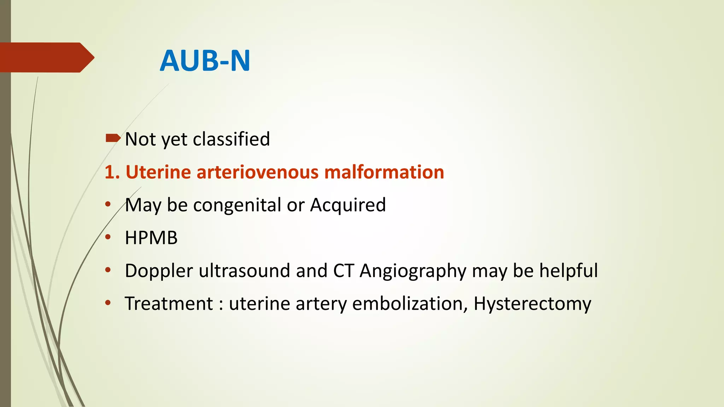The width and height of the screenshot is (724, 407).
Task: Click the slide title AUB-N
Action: click(205, 61)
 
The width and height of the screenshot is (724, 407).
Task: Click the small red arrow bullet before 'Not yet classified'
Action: click(113, 138)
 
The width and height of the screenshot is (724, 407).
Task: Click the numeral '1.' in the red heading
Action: click(112, 172)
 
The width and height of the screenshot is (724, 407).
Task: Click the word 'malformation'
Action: click(384, 172)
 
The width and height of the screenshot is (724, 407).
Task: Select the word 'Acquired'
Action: click(348, 205)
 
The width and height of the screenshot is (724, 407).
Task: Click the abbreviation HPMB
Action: click(151, 238)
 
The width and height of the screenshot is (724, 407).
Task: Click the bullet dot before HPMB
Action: click(108, 237)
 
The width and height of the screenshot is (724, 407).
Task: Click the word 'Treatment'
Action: click(169, 303)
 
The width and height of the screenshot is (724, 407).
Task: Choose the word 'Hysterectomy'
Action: click(532, 304)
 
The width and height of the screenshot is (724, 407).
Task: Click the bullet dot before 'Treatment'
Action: click(108, 302)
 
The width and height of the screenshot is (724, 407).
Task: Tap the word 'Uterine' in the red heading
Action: click(158, 172)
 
